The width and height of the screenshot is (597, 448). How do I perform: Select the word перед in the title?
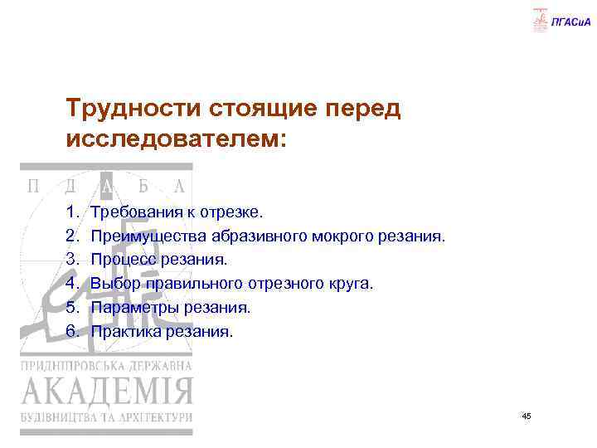click(362, 109)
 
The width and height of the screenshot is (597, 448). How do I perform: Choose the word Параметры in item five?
click(132, 308)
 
